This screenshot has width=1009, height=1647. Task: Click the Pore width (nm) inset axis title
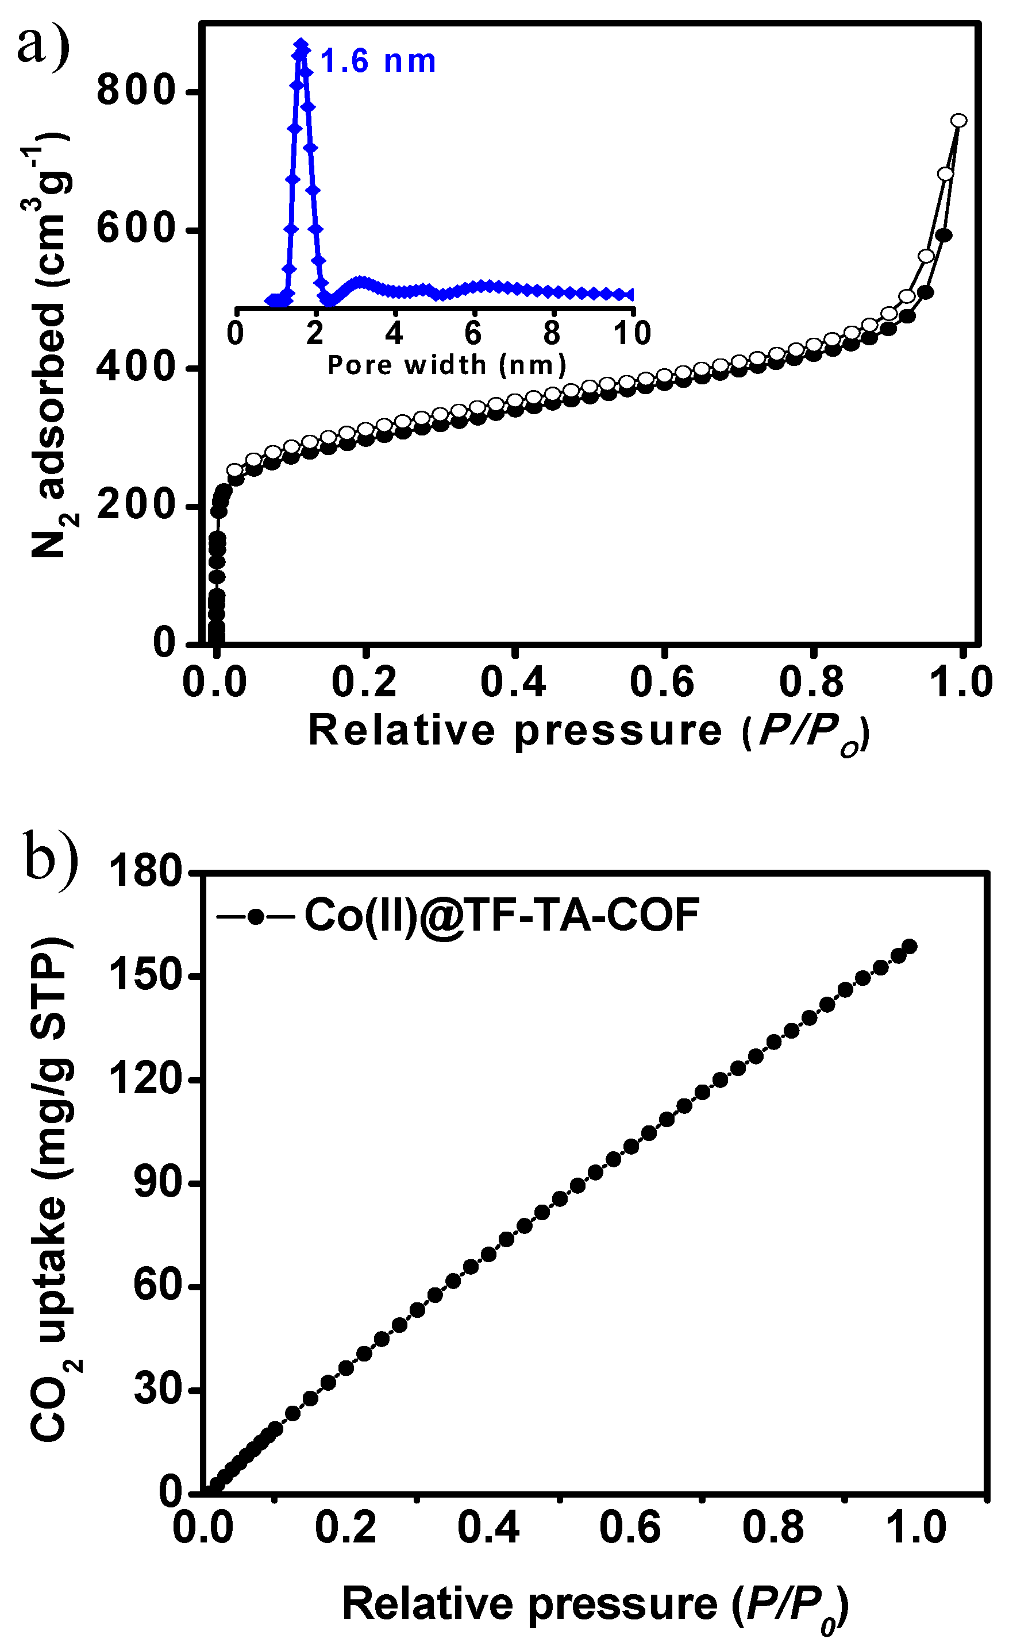(446, 365)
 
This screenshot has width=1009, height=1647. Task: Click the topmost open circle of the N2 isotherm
(959, 120)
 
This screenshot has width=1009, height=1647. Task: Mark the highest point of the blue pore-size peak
(301, 44)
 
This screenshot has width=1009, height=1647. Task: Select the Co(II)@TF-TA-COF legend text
(502, 915)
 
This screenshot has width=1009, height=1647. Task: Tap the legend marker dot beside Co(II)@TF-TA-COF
(255, 916)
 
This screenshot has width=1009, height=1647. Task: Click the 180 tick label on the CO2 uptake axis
(146, 871)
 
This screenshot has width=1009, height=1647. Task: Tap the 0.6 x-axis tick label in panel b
(630, 1528)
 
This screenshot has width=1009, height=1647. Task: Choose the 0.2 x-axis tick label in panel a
(364, 682)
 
